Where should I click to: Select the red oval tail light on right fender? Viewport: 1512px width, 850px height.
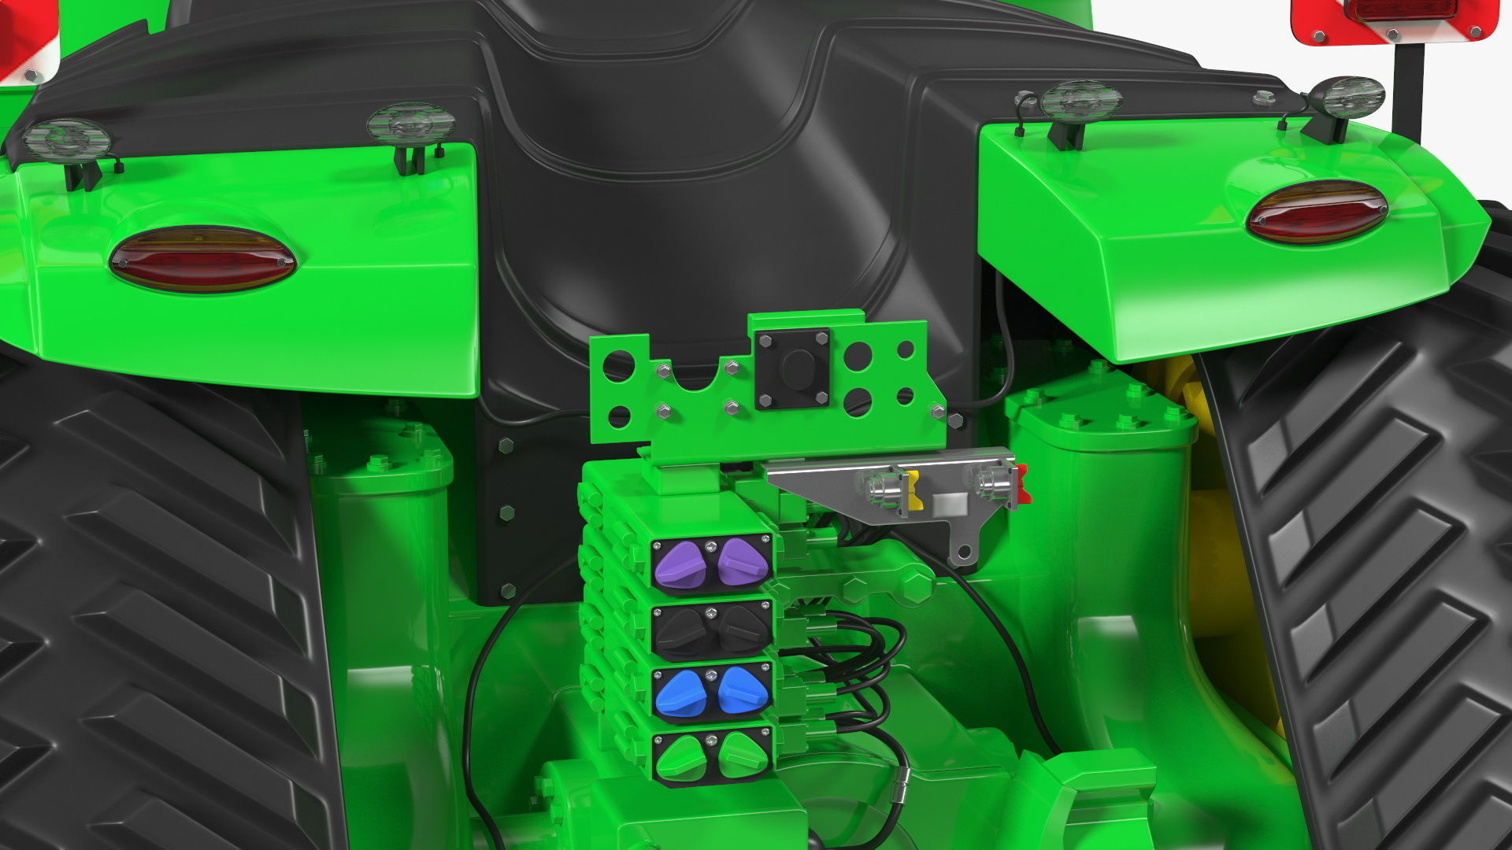pos(1316,211)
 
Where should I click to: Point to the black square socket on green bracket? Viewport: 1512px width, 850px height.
pos(792,368)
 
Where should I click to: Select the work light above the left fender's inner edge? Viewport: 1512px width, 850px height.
pos(410,124)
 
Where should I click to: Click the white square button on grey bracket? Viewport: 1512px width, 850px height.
pos(947,504)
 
